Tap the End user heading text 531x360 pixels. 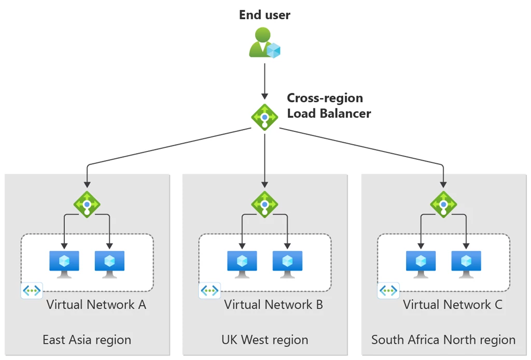tap(264, 15)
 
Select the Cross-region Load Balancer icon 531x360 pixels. tap(265, 117)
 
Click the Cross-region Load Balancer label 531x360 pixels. tap(329, 106)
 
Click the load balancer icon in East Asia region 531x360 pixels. tap(87, 204)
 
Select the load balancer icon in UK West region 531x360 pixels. tap(265, 204)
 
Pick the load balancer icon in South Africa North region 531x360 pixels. tap(443, 204)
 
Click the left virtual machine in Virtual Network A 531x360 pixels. tap(64, 264)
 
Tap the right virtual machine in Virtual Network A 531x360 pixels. tap(109, 264)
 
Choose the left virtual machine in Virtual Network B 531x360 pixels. tap(242, 264)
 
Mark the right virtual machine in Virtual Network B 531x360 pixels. tap(288, 264)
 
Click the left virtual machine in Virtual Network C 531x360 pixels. tap(421, 264)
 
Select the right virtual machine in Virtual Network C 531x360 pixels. tap(466, 264)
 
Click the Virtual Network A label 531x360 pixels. tap(96, 304)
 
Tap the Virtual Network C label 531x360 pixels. tap(453, 304)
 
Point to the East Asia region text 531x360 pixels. tap(87, 340)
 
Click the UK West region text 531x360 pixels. tap(264, 340)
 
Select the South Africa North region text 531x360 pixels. tap(443, 340)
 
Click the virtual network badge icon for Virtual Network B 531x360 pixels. tap(209, 290)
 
